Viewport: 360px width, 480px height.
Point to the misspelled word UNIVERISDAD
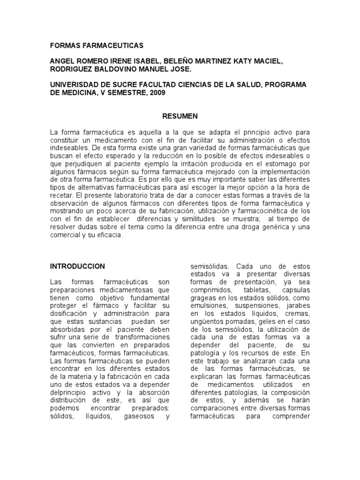73,85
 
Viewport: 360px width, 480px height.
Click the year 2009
157,93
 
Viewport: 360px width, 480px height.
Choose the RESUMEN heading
180,116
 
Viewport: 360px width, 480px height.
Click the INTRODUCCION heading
77,266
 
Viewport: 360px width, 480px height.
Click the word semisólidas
210,266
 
